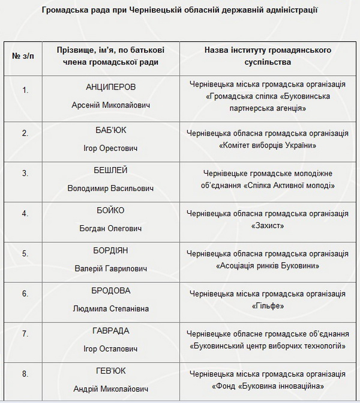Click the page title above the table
coord(179,10)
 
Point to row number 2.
coord(25,133)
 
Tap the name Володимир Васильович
coord(111,188)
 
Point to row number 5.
coord(25,253)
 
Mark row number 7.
coord(25,333)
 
